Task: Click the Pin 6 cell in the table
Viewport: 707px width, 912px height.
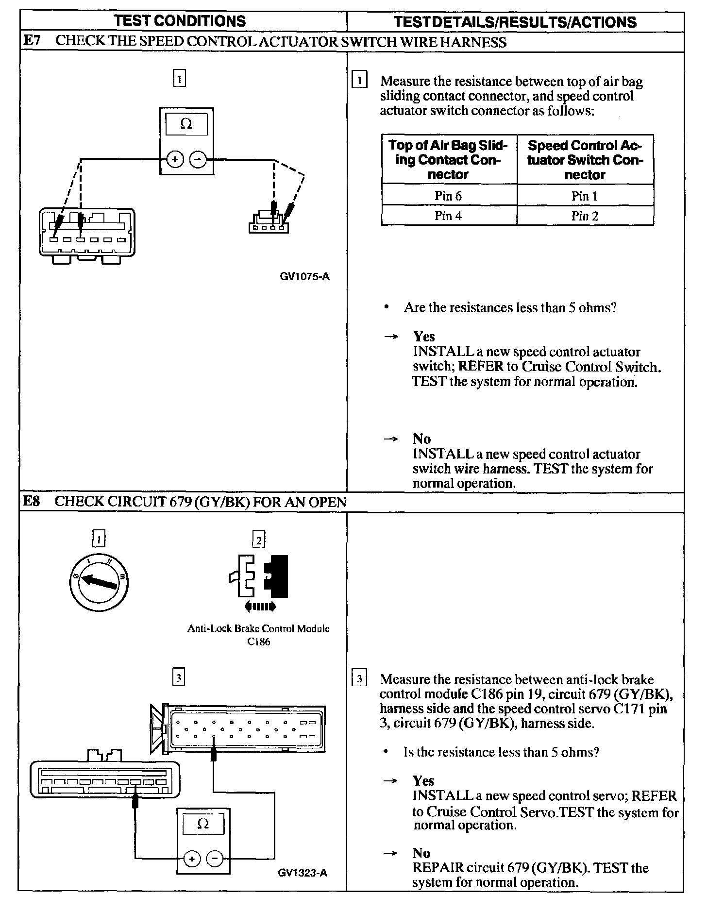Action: (x=448, y=196)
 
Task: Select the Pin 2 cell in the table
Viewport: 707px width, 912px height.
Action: (x=585, y=216)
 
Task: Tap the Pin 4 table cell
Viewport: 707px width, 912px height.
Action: (x=448, y=216)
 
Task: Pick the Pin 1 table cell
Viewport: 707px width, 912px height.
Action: (x=585, y=196)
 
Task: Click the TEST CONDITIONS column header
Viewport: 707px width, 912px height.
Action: (x=180, y=21)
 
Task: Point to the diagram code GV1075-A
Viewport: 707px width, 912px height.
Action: (x=304, y=277)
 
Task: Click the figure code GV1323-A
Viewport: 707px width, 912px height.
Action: (x=303, y=873)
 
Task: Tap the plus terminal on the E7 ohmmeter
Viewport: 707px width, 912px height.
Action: (x=176, y=159)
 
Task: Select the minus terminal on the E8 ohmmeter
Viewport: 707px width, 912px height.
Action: (x=215, y=859)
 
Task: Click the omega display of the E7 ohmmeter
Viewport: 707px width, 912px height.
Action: (x=186, y=124)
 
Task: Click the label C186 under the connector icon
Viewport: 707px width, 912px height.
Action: (x=258, y=642)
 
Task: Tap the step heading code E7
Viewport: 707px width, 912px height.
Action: (x=32, y=41)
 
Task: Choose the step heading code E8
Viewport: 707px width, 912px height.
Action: (x=32, y=501)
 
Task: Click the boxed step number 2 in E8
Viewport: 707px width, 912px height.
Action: (x=259, y=540)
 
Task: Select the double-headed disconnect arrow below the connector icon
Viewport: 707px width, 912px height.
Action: (x=261, y=606)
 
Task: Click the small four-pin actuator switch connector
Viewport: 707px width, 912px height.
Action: (x=269, y=224)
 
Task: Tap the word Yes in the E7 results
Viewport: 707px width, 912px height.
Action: (x=424, y=337)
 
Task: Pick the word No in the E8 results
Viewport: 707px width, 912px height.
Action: (x=421, y=853)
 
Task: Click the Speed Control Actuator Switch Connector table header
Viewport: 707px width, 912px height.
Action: (x=585, y=160)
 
